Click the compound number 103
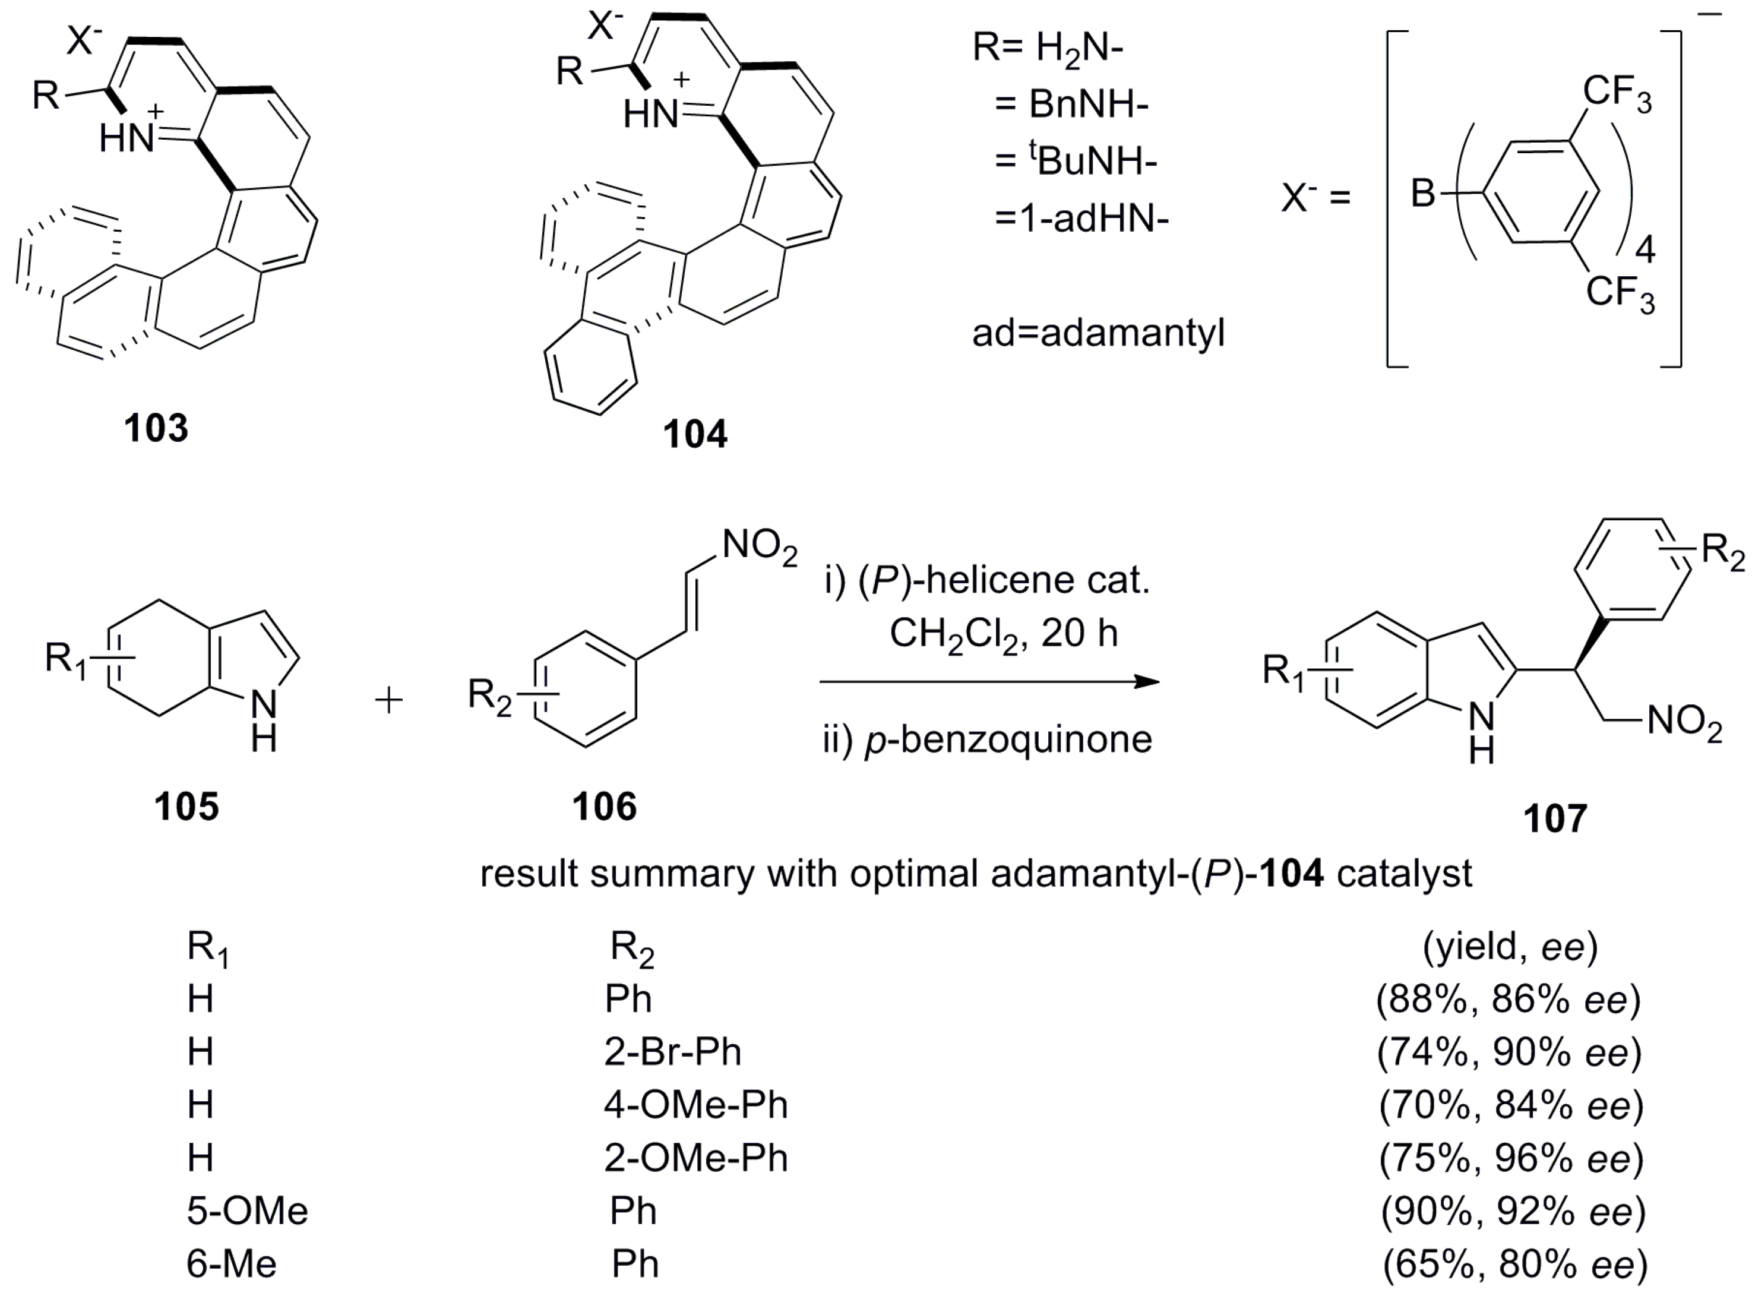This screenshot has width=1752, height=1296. point(156,428)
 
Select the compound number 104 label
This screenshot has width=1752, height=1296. point(695,434)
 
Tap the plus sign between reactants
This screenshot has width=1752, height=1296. point(389,700)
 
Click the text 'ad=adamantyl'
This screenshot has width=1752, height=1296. point(1098,333)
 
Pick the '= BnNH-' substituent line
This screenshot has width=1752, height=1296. point(1071,105)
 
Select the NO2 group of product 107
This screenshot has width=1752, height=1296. point(1684,722)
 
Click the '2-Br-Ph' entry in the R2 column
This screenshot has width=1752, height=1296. point(672,1051)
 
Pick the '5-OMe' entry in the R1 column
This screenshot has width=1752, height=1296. point(247,1210)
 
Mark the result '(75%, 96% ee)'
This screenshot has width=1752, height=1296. point(1510,1158)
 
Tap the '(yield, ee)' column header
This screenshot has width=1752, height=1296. point(1510,947)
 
